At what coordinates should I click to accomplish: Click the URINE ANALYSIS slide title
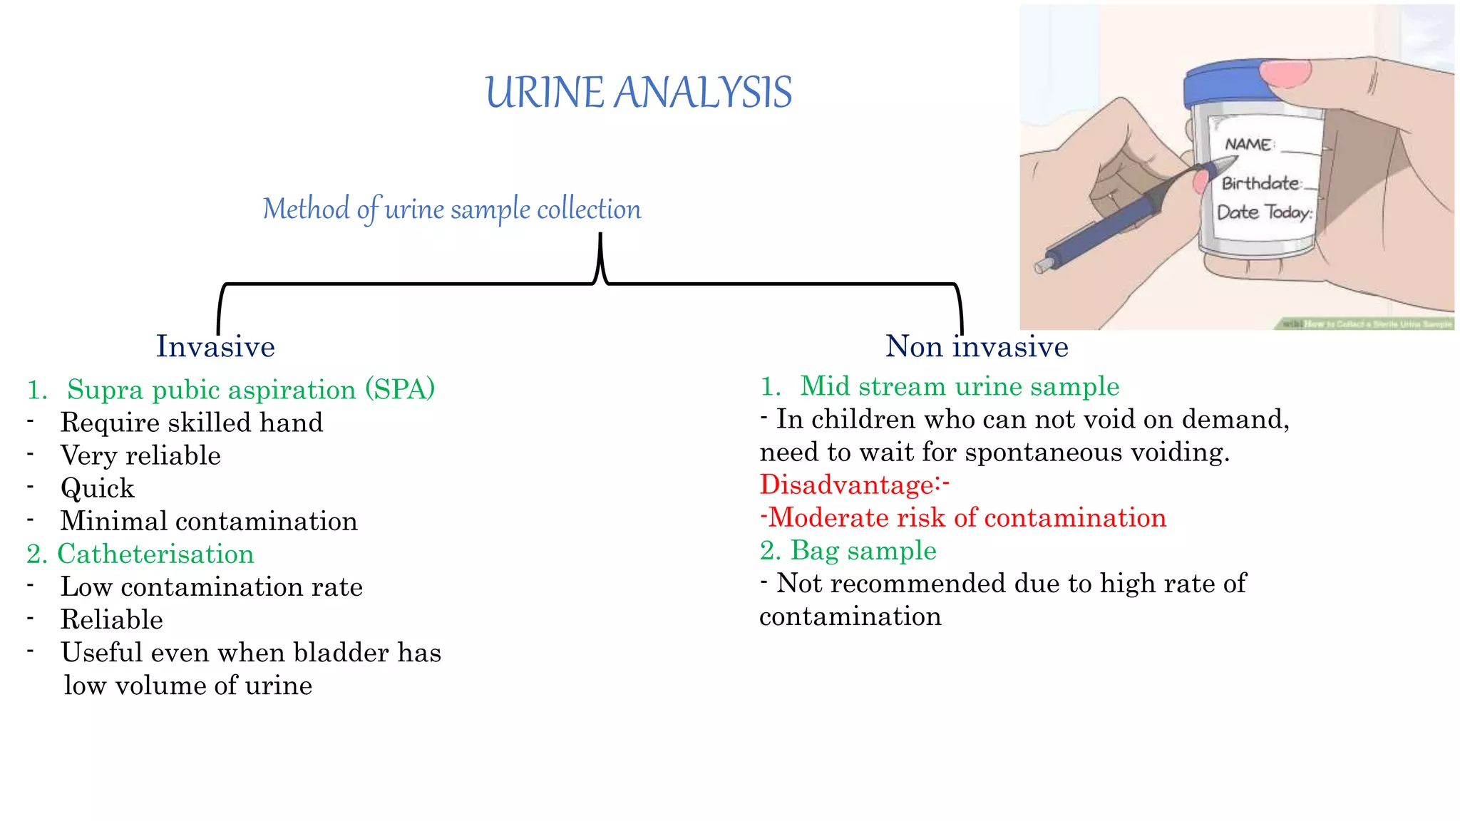pos(638,93)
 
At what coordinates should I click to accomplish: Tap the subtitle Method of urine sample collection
pos(452,210)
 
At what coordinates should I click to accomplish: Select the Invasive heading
pos(215,346)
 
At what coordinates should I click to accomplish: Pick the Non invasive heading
pos(977,346)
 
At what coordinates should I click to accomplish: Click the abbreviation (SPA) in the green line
pos(400,389)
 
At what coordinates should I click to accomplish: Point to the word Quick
pos(98,488)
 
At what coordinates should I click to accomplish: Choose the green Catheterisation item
pos(155,554)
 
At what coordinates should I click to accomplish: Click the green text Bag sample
pos(863,550)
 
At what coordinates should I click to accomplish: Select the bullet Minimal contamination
pos(209,521)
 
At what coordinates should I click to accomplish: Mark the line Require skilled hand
pos(192,423)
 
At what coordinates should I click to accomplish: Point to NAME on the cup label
pos(1248,145)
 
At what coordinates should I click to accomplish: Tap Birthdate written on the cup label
pos(1261,183)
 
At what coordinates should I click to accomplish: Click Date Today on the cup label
pos(1264,212)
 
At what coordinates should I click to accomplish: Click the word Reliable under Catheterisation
pos(112,619)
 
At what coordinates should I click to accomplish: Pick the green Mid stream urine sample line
pos(960,386)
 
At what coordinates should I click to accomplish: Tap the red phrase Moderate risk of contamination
pos(967,517)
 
